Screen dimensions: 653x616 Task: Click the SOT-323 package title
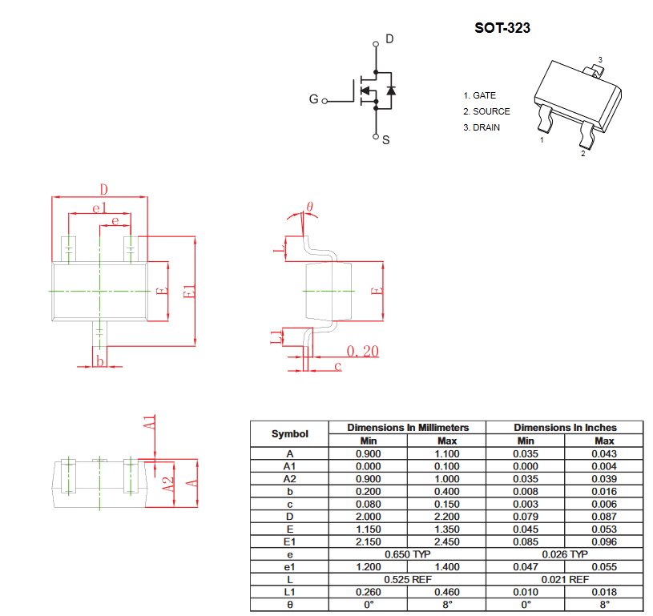(502, 28)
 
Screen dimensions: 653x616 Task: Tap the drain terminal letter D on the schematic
(389, 38)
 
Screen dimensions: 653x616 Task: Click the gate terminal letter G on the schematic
(313, 99)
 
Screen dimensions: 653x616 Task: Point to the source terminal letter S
(386, 140)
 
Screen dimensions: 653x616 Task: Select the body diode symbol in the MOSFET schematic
(391, 91)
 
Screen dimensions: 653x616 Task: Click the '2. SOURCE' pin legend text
(486, 111)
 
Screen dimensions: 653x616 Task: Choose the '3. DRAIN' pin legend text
(482, 127)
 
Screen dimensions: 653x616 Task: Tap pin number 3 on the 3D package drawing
(600, 59)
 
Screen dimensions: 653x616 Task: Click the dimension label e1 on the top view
(99, 207)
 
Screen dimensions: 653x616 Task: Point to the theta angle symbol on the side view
(309, 207)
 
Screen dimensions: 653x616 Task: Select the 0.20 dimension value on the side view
(363, 351)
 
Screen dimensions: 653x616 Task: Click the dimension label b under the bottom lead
(99, 360)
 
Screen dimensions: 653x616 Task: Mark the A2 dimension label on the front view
(167, 485)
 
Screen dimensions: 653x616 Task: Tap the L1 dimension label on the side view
(276, 337)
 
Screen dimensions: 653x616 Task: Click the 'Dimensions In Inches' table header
(565, 427)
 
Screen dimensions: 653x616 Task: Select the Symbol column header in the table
(289, 433)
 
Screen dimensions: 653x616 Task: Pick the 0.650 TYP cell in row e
(407, 554)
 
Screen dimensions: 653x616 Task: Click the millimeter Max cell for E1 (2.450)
(447, 542)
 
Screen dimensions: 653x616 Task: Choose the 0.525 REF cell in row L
(407, 579)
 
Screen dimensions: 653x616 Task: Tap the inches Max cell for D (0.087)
(604, 517)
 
